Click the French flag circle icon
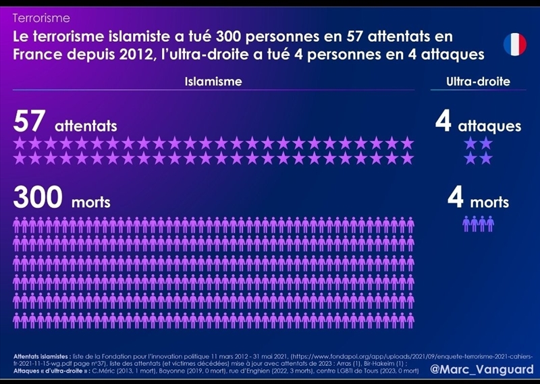click(515, 43)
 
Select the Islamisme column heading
click(213, 82)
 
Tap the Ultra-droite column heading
click(478, 82)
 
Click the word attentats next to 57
click(86, 126)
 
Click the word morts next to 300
click(91, 201)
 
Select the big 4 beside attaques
click(443, 123)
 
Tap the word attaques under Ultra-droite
click(489, 126)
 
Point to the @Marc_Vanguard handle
click(482, 370)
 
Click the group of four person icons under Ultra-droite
click(478, 223)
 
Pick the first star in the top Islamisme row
click(20, 143)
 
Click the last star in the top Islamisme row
click(407, 143)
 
